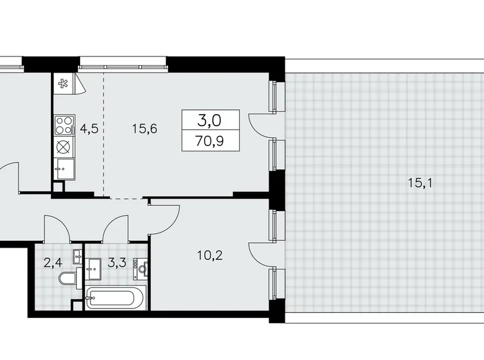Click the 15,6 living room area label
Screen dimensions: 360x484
coord(145,129)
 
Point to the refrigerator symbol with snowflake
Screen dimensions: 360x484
coord(63,83)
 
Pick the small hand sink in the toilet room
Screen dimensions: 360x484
coord(76,254)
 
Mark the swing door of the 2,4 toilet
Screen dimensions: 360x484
coord(56,228)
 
